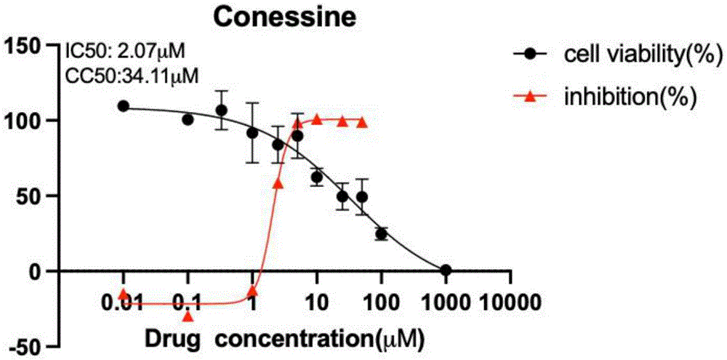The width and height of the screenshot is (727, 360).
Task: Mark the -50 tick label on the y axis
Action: [x=24, y=346]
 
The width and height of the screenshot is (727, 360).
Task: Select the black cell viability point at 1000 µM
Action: [x=446, y=270]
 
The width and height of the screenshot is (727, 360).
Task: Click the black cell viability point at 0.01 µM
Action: [x=124, y=106]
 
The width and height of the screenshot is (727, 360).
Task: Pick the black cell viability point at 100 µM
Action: [x=381, y=233]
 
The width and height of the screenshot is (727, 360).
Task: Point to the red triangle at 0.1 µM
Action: [x=188, y=316]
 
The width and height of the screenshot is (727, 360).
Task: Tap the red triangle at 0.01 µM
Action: [x=124, y=295]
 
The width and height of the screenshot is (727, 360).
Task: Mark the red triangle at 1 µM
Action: [x=252, y=292]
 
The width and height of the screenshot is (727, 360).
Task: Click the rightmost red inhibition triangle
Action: [x=362, y=122]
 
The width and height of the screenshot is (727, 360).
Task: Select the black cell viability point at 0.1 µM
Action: [x=188, y=119]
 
